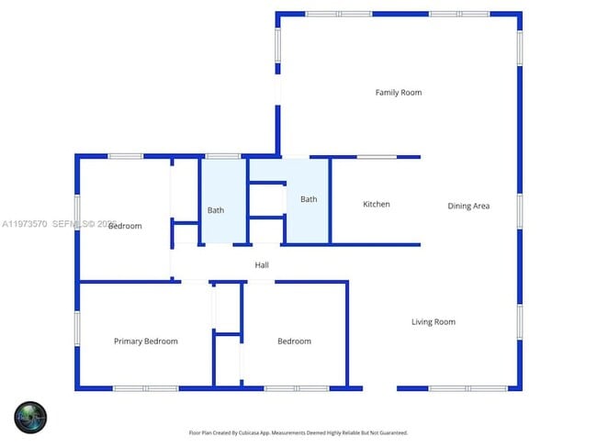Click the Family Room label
[x=399, y=93]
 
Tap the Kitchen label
[x=377, y=204]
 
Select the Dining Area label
[x=468, y=207]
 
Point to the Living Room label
[x=433, y=322]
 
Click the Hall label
[x=262, y=265]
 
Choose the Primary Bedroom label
[x=146, y=342]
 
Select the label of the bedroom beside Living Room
[x=294, y=342]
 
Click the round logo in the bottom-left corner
[x=30, y=418]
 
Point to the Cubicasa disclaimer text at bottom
[x=298, y=432]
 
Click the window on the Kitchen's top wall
[x=377, y=157]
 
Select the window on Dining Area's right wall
[x=519, y=210]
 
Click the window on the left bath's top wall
[x=222, y=156]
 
